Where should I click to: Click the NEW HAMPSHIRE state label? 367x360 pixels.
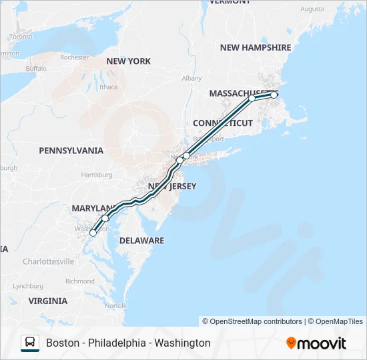(x=256, y=47)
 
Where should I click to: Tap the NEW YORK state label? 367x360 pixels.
(x=128, y=61)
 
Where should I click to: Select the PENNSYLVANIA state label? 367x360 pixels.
(x=71, y=151)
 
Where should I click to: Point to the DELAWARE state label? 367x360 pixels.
(x=141, y=240)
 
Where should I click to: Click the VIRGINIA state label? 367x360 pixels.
(x=48, y=301)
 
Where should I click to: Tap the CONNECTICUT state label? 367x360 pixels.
(x=223, y=123)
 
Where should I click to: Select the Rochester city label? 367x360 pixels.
(x=74, y=57)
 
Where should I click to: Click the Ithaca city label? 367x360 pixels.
(x=108, y=87)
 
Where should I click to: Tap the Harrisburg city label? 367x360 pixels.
(x=96, y=175)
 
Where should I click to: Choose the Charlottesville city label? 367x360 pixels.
(x=48, y=261)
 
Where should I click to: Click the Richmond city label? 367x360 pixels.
(x=80, y=281)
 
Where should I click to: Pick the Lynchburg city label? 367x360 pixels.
(x=27, y=286)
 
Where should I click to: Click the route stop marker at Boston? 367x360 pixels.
(x=274, y=95)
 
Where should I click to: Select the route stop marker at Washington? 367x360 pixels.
(x=93, y=233)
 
